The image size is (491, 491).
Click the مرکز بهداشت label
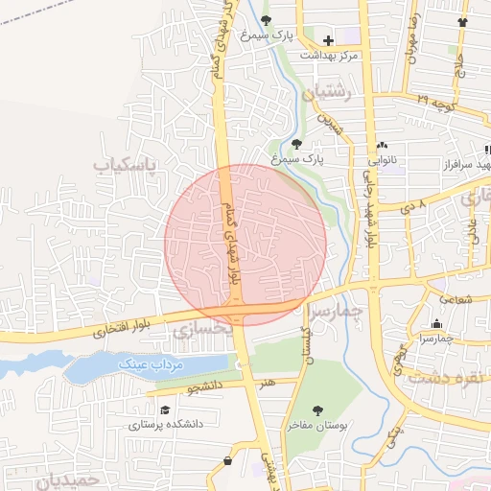tap(327, 56)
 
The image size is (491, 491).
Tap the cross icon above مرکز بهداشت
tap(329, 40)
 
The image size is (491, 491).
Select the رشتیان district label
tap(327, 93)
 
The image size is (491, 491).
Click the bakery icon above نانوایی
tap(382, 145)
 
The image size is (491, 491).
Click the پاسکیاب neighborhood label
tap(124, 165)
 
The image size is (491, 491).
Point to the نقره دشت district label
tap(443, 378)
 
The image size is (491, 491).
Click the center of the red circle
tap(245, 245)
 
